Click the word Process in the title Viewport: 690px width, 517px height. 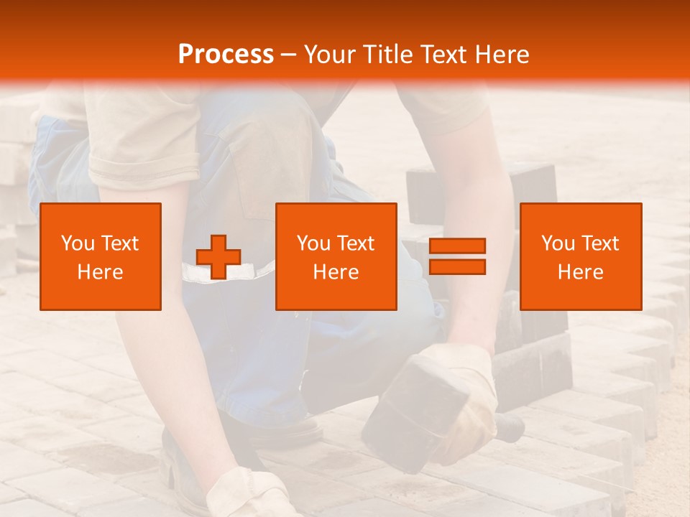coord(226,55)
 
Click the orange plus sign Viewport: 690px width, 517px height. coord(218,256)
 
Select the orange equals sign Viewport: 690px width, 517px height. coord(457,256)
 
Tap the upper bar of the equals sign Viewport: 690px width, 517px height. coord(457,246)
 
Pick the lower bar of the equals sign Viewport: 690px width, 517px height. coord(457,267)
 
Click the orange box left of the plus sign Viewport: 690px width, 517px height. coord(101,256)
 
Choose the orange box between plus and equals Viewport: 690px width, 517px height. coord(336,256)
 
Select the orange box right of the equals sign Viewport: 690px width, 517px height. coord(581,256)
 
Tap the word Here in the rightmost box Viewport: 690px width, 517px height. coord(581,272)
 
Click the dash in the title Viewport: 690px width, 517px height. coord(289,55)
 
